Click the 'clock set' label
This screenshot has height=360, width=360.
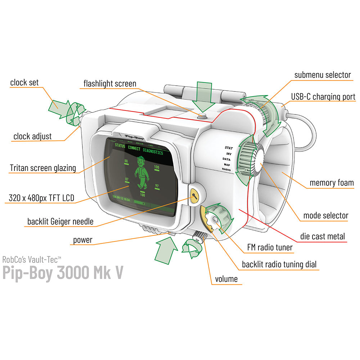click(24, 82)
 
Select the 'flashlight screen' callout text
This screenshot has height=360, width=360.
click(110, 84)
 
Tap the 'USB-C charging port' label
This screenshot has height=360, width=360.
click(323, 97)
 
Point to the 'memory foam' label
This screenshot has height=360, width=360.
click(332, 183)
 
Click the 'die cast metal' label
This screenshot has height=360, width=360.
click(323, 237)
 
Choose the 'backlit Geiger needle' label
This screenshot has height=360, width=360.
click(60, 221)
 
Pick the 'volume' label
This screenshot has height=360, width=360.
click(226, 279)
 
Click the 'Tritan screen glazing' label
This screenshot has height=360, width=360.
click(43, 168)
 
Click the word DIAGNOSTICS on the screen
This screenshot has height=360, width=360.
click(153, 153)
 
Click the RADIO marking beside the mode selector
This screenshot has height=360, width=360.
click(226, 169)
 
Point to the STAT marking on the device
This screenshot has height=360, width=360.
click(229, 148)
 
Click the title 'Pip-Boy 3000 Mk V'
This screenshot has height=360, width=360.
click(63, 273)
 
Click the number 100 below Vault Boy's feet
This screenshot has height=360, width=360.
click(143, 195)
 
